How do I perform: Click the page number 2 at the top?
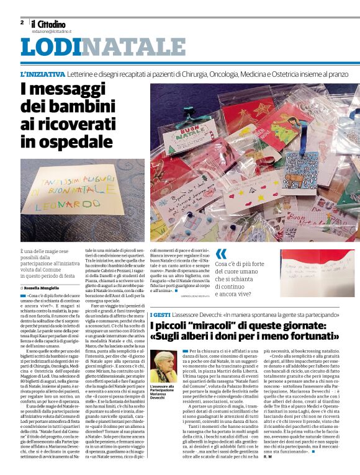click(22, 22)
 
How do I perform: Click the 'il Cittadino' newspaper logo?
click(52, 24)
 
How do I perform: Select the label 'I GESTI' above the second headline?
click(160, 316)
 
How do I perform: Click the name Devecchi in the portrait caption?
click(160, 397)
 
